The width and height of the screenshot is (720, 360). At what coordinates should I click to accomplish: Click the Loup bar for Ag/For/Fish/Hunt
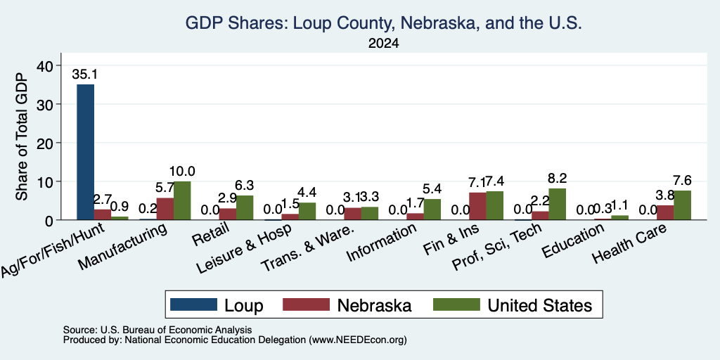(x=85, y=152)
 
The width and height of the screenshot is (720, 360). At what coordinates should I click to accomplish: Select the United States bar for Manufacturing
(x=182, y=200)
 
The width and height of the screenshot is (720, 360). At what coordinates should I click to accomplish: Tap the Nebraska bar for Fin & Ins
(x=477, y=206)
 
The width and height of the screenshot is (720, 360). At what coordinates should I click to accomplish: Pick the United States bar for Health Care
(x=682, y=205)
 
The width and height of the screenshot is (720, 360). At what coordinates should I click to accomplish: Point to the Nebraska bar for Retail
(x=228, y=214)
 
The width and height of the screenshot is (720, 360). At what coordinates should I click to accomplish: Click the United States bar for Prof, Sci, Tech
(x=557, y=204)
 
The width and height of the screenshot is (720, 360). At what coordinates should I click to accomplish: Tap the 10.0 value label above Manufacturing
(x=182, y=172)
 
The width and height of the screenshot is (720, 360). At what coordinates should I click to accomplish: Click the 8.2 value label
(x=557, y=178)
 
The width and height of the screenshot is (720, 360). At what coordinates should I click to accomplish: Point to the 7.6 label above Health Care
(x=682, y=181)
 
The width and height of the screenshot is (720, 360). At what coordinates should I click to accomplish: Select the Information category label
(x=381, y=243)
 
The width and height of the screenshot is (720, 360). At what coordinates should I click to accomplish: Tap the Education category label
(x=572, y=241)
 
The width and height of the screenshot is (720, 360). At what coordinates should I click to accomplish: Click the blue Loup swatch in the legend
(x=193, y=304)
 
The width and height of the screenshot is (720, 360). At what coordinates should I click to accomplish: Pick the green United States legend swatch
(x=456, y=304)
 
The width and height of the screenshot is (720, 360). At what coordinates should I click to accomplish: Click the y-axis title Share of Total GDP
(x=22, y=137)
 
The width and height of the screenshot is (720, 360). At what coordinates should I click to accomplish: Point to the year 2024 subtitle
(x=383, y=44)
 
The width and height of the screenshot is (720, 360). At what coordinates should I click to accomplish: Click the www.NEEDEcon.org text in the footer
(x=358, y=340)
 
